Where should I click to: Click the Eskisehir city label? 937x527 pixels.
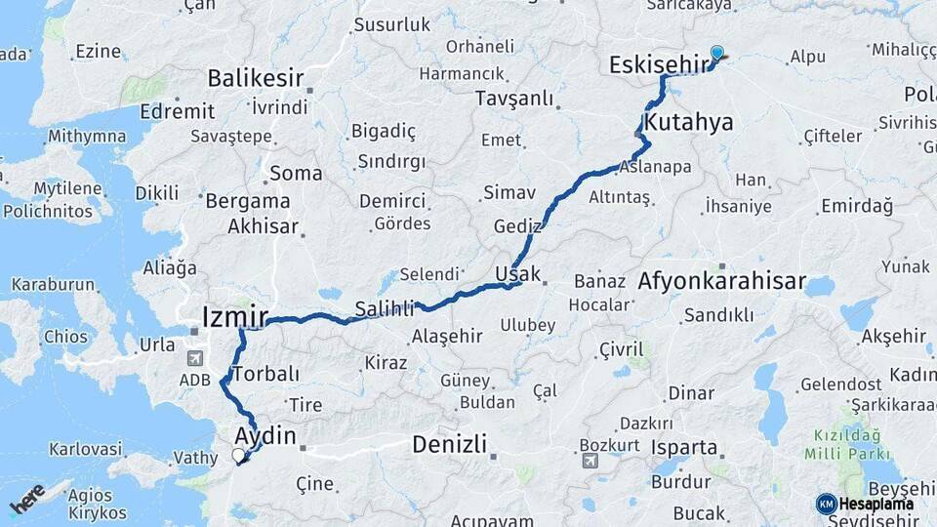point(657,65)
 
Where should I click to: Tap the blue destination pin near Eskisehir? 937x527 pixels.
point(717,54)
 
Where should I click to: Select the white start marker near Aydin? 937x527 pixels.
point(238,455)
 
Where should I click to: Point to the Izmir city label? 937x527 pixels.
point(234,316)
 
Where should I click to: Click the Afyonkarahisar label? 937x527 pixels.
point(721,282)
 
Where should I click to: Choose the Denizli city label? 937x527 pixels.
point(449,444)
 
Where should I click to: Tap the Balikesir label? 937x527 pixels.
point(256,78)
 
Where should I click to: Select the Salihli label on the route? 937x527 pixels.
point(384,308)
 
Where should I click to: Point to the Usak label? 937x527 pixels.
point(517,273)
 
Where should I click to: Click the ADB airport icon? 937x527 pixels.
point(193,358)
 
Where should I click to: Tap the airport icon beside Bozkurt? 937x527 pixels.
point(590,461)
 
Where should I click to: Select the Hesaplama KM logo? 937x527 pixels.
point(865,504)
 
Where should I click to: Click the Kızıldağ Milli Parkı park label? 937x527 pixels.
point(847,444)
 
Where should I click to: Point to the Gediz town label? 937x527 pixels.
point(517,225)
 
